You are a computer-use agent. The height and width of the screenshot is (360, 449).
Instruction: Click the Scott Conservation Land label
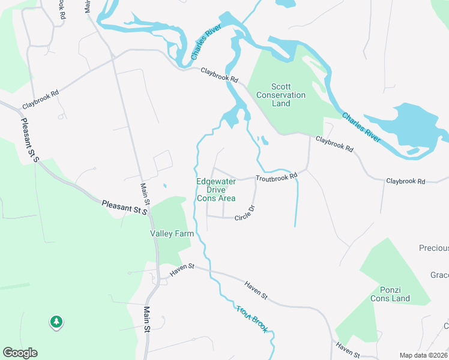(281, 95)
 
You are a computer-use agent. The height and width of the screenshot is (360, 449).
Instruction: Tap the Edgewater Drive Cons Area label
(216, 190)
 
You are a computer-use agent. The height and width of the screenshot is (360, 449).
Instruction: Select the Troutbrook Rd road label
(276, 178)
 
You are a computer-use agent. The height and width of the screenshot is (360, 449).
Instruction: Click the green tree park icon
(56, 322)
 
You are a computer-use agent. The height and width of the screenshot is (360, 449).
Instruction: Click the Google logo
(20, 353)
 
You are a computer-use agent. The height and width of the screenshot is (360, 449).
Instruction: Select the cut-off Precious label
(434, 248)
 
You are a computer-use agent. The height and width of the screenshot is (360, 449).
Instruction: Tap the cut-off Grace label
(439, 275)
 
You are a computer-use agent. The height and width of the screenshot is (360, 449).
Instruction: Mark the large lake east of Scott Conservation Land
(408, 126)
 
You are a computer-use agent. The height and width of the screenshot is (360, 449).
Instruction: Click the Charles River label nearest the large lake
(361, 127)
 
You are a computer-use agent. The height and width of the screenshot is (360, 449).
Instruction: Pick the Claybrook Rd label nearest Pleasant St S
(41, 100)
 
